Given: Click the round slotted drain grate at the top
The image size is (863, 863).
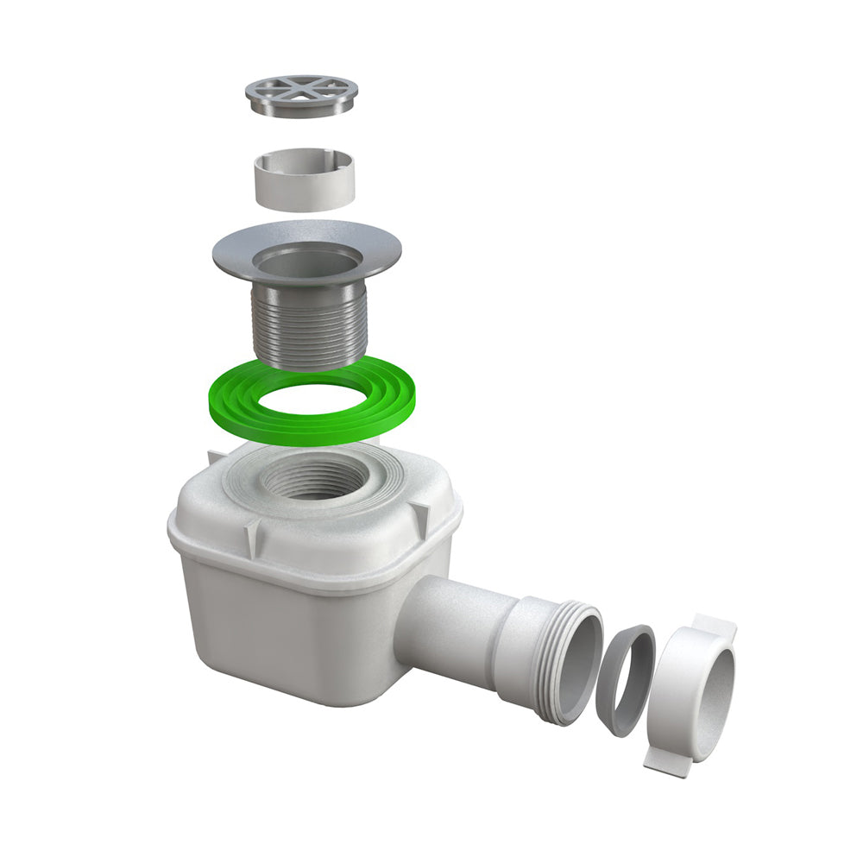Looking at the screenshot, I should (301, 95).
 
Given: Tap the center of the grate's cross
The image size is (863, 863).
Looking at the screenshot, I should (301, 88).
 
